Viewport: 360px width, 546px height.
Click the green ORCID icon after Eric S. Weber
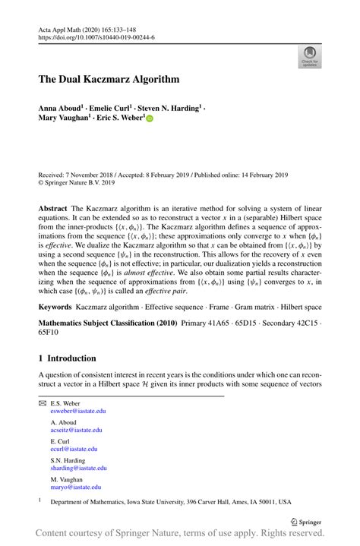[150, 119]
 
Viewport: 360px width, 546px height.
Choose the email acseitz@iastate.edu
[76, 430]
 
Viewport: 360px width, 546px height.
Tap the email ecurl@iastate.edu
[74, 449]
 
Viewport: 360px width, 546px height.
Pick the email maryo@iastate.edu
[75, 487]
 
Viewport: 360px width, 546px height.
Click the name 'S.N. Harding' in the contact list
[68, 459]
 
